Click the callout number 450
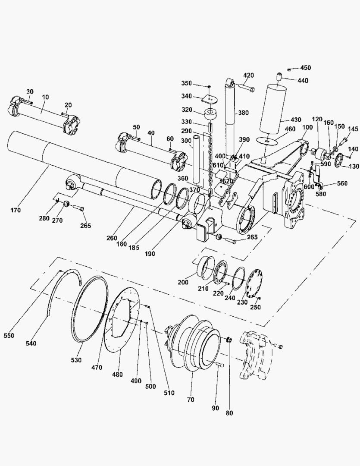pyautogui.click(x=305, y=68)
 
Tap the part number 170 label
pyautogui.click(x=16, y=210)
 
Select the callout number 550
pyautogui.click(x=9, y=336)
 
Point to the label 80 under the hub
pyautogui.click(x=229, y=413)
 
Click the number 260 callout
pyautogui.click(x=112, y=238)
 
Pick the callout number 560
pyautogui.click(x=342, y=183)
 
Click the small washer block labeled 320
pyautogui.click(x=211, y=113)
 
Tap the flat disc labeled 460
pyautogui.click(x=268, y=141)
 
